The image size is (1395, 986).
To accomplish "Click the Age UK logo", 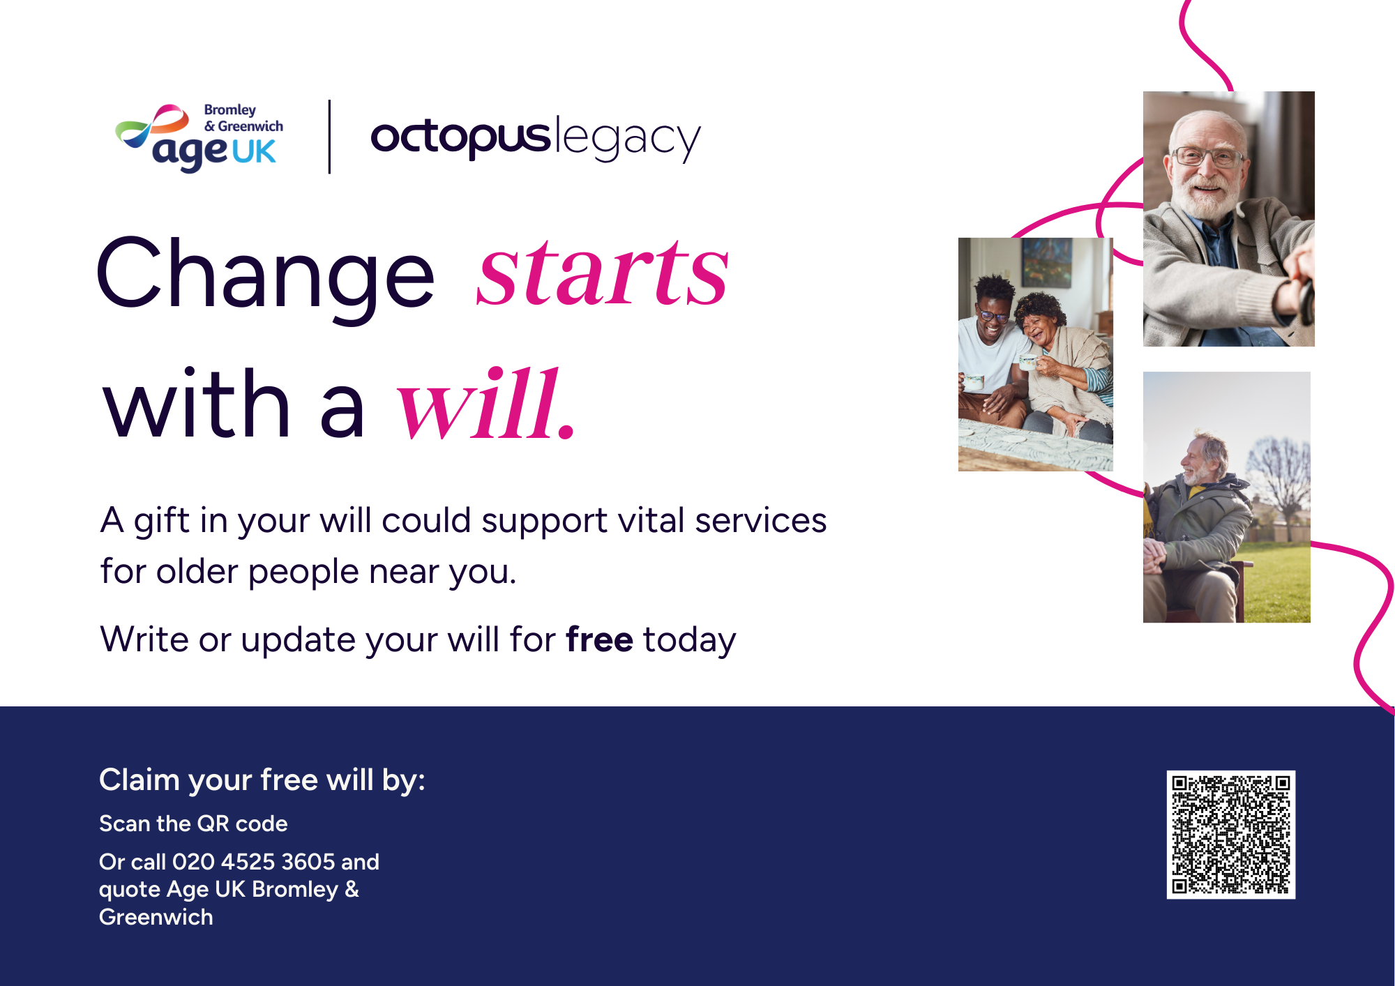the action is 199,137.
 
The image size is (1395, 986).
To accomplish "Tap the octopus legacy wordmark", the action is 535,137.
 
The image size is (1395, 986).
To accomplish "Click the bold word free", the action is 599,639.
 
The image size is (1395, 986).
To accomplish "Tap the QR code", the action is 1231,835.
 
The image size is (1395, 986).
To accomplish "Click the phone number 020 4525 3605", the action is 254,862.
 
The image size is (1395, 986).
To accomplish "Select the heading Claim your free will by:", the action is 262,780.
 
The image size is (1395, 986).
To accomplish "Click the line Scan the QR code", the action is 193,824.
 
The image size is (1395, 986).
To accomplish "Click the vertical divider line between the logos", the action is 329,137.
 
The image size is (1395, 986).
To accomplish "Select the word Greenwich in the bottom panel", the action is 156,917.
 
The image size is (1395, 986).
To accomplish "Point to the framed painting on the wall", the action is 1046,261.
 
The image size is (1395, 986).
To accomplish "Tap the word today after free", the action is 689,640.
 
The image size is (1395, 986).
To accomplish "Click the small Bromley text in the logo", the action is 230,110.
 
